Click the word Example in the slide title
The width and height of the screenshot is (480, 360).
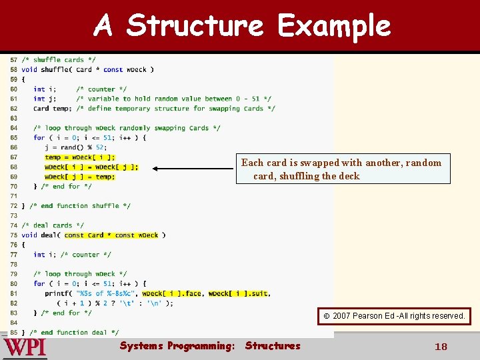point(334,26)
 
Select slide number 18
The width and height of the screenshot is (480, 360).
point(441,347)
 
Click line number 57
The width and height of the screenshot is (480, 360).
point(13,60)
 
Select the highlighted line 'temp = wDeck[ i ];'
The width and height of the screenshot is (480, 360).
point(80,157)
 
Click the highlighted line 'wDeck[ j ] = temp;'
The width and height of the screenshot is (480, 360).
point(80,177)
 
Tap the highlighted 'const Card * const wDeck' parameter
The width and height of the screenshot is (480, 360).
point(111,235)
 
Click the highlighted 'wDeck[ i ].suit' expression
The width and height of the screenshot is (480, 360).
point(239,293)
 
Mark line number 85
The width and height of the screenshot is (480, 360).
point(13,332)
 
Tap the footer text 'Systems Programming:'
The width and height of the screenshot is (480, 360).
point(177,345)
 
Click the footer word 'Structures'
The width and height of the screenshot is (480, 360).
point(273,345)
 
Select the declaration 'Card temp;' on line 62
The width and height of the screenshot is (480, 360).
point(52,109)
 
